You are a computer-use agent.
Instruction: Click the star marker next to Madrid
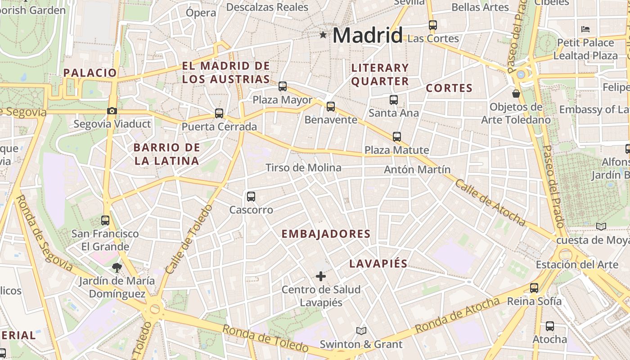[323, 35]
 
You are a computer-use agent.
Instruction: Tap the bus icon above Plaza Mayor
[283, 86]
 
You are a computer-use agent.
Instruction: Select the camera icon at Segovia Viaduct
[112, 111]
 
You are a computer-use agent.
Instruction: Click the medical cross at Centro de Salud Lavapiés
[321, 276]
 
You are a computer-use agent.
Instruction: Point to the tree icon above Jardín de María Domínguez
[117, 268]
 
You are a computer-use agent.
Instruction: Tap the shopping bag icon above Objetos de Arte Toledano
[516, 94]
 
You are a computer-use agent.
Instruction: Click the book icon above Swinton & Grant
[361, 331]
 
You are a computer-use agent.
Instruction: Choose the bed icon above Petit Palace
[585, 29]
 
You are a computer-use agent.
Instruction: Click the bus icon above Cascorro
[251, 196]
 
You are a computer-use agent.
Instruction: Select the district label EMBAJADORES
[326, 234]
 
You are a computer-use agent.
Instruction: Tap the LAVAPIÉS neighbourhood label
[378, 264]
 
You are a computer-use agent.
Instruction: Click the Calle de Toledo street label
[189, 239]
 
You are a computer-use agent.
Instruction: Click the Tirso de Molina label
[303, 168]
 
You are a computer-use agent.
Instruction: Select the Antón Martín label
[417, 170]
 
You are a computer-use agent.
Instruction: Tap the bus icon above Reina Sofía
[534, 288]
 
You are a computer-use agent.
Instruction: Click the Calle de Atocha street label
[490, 202]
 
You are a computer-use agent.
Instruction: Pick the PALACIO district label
[90, 73]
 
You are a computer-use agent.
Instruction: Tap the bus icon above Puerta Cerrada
[219, 113]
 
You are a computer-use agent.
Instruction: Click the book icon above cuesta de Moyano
[601, 226]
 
